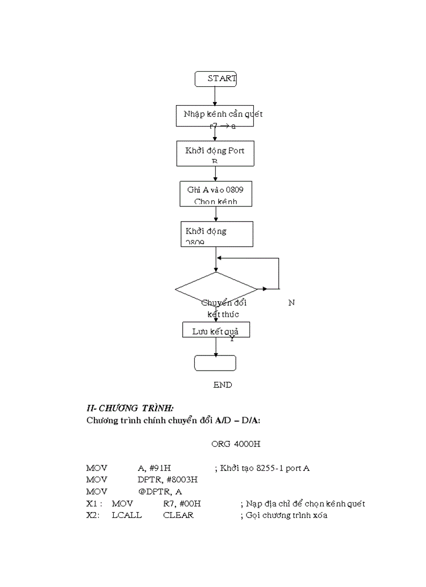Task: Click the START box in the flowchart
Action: point(215,79)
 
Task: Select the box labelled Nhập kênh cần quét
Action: point(215,116)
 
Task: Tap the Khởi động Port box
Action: point(215,153)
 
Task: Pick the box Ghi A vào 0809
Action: point(215,194)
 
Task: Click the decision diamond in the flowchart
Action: point(216,289)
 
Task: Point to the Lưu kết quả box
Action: point(216,330)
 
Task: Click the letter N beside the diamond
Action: point(291,303)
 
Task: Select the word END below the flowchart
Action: point(222,385)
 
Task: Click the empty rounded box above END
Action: point(215,363)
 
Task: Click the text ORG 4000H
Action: point(235,444)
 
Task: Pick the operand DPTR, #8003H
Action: point(164,480)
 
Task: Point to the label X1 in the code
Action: point(93,504)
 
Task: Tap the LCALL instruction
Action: point(126,515)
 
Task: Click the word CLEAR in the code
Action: point(178,515)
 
